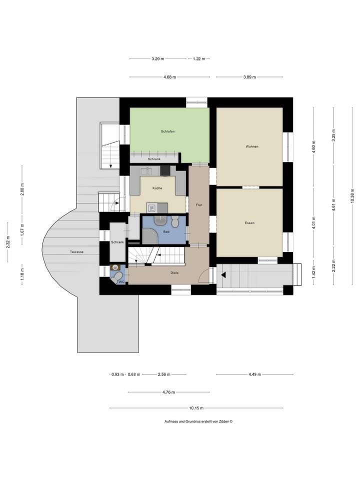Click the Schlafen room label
167,131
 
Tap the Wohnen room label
251,146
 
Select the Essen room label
250,223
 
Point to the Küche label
157,188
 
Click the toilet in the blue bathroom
174,221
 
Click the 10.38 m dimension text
352,194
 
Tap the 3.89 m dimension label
249,77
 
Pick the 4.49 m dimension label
254,374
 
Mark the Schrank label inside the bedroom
154,159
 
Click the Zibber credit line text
198,421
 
